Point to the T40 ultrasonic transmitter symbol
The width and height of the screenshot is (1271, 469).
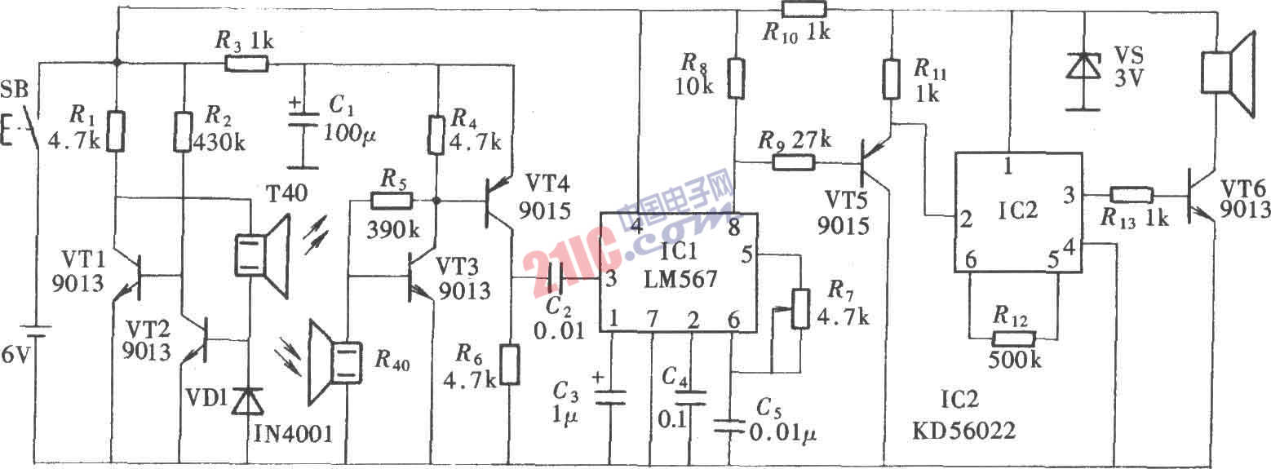(x=261, y=253)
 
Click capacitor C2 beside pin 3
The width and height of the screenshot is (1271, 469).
(x=556, y=280)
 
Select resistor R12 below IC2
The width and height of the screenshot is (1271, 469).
(x=1012, y=338)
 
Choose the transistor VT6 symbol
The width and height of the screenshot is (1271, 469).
(x=1199, y=197)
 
